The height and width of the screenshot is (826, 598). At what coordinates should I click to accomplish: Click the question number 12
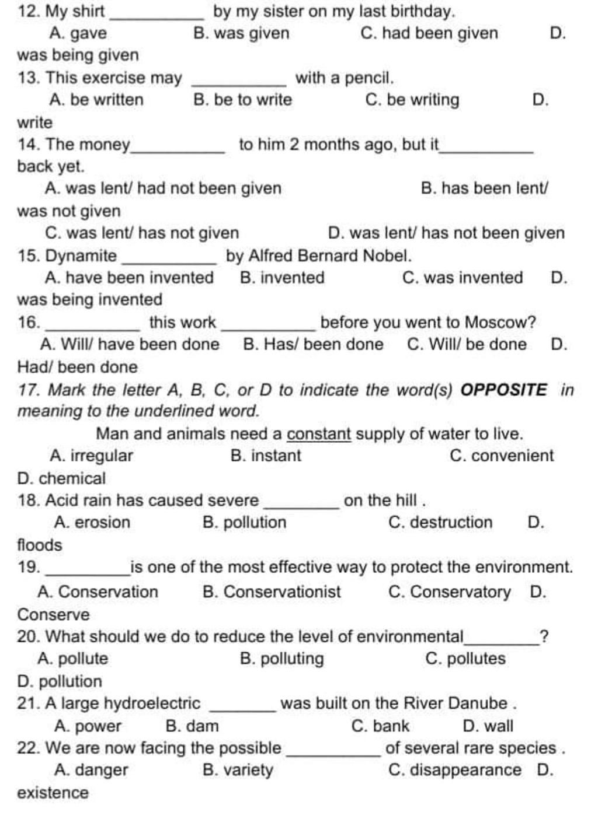click(27, 11)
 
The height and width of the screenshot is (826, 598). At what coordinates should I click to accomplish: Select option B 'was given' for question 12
click(241, 33)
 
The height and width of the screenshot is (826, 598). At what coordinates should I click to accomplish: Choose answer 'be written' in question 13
click(96, 100)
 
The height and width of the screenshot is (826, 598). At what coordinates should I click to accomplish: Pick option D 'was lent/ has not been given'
click(446, 233)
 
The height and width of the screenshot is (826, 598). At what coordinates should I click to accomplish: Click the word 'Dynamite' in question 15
click(81, 256)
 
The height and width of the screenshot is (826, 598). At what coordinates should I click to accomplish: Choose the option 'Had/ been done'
click(78, 367)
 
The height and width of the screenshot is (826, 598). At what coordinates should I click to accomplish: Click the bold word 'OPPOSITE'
click(504, 389)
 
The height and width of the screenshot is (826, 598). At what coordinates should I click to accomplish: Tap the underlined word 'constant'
click(319, 434)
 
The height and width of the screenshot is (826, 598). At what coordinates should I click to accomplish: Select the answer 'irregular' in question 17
click(92, 456)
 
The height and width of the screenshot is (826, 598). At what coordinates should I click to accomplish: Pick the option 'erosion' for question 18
click(92, 522)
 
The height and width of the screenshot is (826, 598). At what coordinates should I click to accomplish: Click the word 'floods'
click(40, 545)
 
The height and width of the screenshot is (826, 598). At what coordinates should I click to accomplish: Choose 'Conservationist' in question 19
click(272, 591)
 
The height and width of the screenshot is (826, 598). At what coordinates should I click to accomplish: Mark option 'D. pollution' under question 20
click(60, 681)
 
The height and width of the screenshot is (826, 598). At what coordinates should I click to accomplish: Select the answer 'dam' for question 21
click(192, 726)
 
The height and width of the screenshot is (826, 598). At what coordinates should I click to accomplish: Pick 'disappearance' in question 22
click(454, 770)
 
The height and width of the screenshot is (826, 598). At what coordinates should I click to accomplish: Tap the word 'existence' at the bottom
click(53, 793)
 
